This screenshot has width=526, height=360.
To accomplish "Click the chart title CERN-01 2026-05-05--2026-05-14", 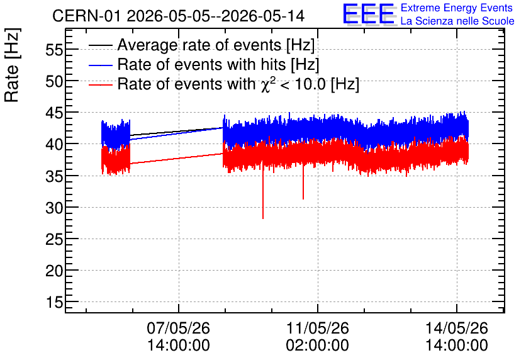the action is pos(179,16).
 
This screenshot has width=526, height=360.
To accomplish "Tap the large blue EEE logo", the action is pos(368,14).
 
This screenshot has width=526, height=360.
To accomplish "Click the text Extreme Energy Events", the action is pos(457,8).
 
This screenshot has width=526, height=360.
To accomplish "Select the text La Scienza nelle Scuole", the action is pos(457,21).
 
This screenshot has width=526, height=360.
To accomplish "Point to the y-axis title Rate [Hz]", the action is pos(12,65).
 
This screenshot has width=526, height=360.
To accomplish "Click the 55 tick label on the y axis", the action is pos(54,50).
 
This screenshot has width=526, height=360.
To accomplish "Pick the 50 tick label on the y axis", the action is pos(54,82).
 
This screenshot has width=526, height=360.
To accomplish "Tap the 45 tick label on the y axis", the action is pos(54,113).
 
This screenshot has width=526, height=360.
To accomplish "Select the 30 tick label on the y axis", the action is pos(54,208).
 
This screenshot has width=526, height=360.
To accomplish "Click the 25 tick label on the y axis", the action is pos(54,240).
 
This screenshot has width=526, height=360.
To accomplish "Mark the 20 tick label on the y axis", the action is pos(54,271).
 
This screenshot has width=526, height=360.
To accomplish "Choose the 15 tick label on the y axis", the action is pos(54,303).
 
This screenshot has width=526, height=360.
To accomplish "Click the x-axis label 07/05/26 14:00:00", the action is pos(179,337).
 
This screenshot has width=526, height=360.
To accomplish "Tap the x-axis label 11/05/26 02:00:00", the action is pos(317,337).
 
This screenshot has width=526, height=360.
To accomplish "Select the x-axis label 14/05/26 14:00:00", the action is pos(457,337).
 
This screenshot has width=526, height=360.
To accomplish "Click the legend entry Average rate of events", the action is pos(201,45).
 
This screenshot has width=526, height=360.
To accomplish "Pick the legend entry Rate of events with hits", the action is pos(204,64).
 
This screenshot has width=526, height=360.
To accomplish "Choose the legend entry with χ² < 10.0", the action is pos(224,84).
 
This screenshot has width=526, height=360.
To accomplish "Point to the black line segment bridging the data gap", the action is pos(176,132).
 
